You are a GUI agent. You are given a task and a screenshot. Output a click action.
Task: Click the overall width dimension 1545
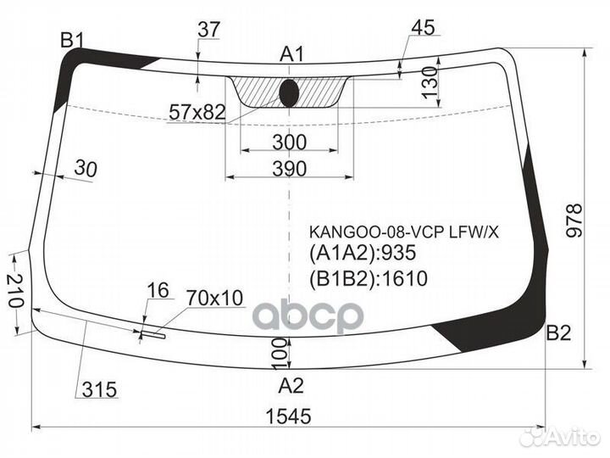point(288,416)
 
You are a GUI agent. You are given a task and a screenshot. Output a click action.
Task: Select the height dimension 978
point(574,220)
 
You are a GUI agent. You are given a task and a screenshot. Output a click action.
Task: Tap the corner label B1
point(73,40)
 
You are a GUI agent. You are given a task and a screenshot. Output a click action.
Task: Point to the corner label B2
point(558,333)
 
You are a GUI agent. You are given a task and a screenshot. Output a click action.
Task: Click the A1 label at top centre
point(291,54)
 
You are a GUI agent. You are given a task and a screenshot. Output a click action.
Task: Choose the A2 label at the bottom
point(291,386)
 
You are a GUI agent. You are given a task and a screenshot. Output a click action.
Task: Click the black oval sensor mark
point(289,93)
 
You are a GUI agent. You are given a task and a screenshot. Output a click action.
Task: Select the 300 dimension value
point(290,142)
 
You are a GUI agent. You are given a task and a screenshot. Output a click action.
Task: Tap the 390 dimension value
point(290,169)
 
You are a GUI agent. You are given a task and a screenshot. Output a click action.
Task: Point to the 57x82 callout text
point(197,113)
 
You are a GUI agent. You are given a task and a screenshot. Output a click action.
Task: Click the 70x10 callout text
point(214,298)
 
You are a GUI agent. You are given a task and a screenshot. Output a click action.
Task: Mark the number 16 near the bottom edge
point(158,290)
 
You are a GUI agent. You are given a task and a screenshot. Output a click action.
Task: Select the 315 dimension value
point(100,389)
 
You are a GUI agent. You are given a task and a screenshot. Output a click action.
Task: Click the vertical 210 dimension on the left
point(14,290)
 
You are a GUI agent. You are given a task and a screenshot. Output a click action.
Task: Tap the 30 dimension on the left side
point(86,169)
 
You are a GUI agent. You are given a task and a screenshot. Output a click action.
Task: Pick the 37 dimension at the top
point(209,30)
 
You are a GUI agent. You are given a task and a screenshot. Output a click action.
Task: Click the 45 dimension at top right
point(423,28)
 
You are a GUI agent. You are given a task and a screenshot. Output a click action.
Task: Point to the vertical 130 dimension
point(430,83)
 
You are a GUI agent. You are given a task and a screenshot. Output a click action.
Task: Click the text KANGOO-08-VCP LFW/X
point(404,232)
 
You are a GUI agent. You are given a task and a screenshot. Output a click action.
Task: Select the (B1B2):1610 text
point(369,278)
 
